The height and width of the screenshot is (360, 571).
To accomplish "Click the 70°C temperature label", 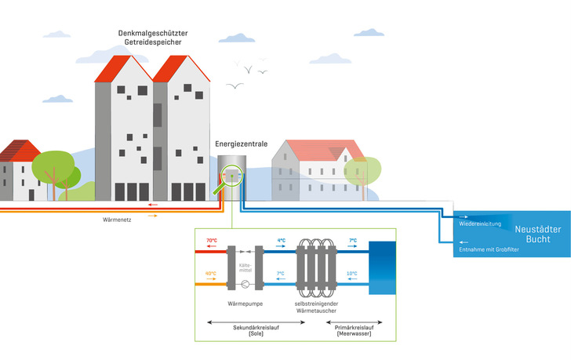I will [x=211, y=241].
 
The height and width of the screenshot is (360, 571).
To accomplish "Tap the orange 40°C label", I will [x=211, y=274].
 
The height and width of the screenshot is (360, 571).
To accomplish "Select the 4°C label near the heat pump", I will [x=281, y=241].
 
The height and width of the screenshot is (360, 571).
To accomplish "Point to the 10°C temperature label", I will [x=352, y=274].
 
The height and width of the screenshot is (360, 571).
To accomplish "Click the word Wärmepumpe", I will [x=245, y=300].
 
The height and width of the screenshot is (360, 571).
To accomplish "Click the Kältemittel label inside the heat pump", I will [x=245, y=267].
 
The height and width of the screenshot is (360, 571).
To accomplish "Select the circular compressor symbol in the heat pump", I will [x=245, y=285].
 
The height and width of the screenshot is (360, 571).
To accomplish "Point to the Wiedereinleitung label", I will [x=480, y=224].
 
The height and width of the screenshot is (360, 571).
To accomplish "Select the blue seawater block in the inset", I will [x=384, y=267].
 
